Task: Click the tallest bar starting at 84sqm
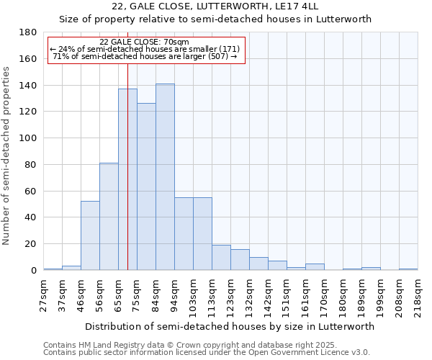pos(165,177)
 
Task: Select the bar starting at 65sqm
pos(127,179)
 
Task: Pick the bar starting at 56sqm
pos(109,216)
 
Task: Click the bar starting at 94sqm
pos(184,234)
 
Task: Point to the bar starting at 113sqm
pos(221,258)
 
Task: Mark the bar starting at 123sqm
pos(240,260)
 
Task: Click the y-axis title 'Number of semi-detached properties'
pos(7,156)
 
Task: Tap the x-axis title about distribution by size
pos(230,326)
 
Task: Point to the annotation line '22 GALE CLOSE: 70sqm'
pos(144,42)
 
